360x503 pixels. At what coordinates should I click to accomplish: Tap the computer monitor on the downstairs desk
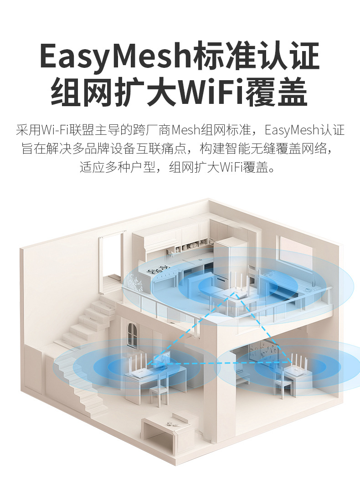pos(161,362)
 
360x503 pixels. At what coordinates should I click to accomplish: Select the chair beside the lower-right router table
pos(281,383)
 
